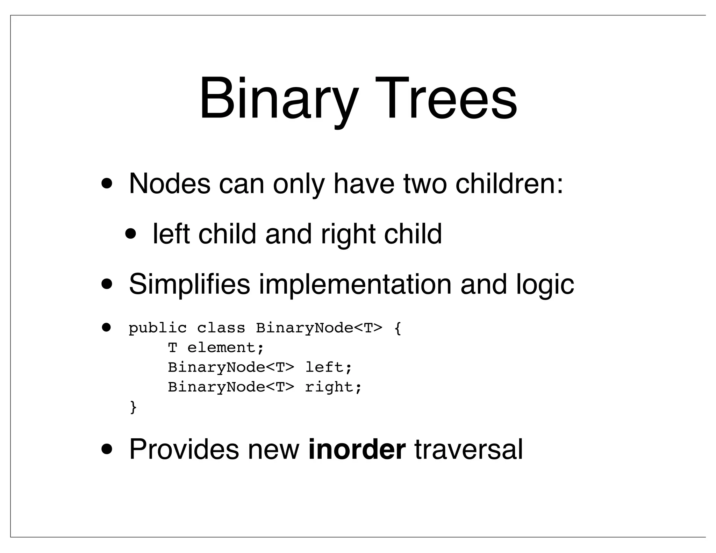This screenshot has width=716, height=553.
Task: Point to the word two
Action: click(425, 184)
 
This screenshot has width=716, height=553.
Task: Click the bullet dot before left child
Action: click(131, 234)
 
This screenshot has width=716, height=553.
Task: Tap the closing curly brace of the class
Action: click(133, 407)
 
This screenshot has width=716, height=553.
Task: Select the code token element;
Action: click(225, 348)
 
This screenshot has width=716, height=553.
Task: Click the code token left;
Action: click(328, 367)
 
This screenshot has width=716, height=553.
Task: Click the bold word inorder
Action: click(357, 449)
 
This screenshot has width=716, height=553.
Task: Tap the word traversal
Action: click(468, 449)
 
